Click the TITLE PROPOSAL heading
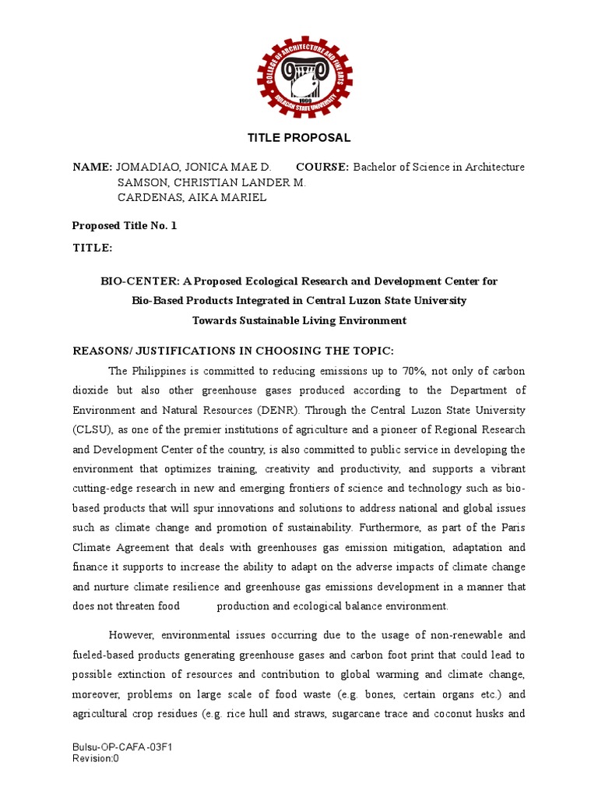pos(299,138)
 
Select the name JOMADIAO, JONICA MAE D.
pos(194,168)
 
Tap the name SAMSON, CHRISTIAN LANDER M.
pos(211,182)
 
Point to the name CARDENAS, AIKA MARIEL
pos(192,197)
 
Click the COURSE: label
pos(322,168)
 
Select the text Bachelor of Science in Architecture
pos(439,168)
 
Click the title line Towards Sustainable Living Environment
pos(299,320)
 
